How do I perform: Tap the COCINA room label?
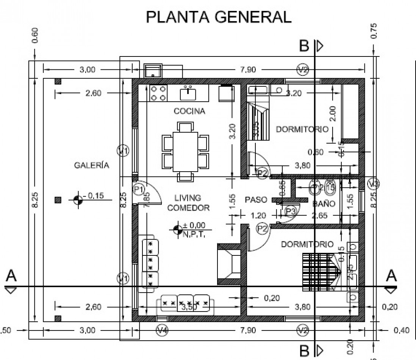tap(189, 111)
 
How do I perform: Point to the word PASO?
tap(256, 199)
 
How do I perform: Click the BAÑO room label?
tap(324, 203)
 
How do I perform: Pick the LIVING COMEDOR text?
tap(188, 203)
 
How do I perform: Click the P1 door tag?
tap(139, 188)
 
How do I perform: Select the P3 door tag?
tap(291, 211)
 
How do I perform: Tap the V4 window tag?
tap(162, 330)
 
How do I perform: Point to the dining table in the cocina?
tap(186, 151)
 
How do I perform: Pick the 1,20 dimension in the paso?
tap(259, 215)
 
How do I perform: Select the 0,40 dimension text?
tap(402, 330)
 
